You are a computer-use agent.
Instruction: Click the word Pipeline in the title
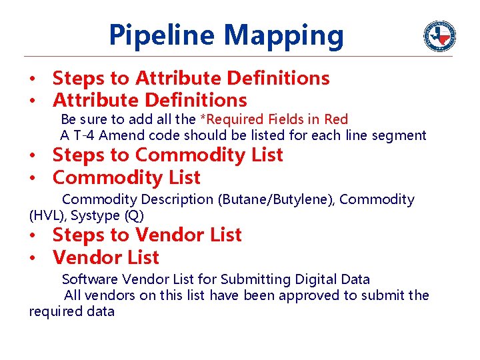pos(162,35)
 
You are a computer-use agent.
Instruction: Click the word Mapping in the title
pos(285,36)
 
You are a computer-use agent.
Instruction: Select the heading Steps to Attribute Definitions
pos(191,78)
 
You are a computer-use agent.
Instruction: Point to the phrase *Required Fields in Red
pos(274,119)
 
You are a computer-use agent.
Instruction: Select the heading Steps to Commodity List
pos(167,155)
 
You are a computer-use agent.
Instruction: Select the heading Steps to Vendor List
pos(147,235)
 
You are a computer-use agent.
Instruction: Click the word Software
pos(89,279)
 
